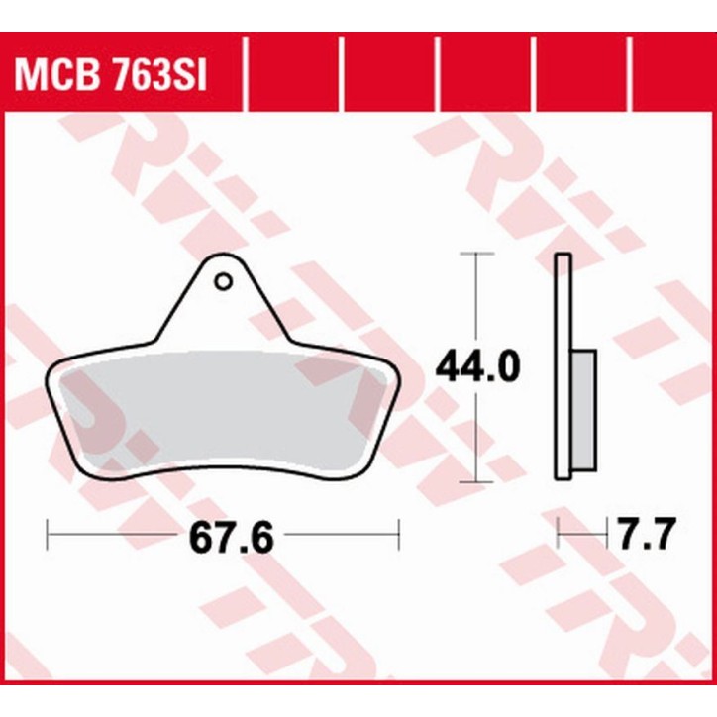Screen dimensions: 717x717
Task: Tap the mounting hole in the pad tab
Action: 224,282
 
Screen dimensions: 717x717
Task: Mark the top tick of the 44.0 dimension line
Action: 478,255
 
